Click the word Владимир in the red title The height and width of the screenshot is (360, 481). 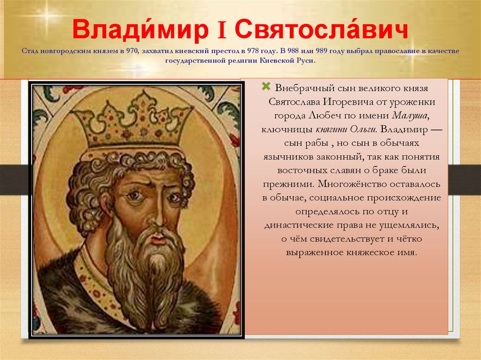pyautogui.click(x=140, y=30)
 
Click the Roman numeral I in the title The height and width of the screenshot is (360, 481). pyautogui.click(x=222, y=31)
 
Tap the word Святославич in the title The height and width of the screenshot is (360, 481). pyautogui.click(x=321, y=30)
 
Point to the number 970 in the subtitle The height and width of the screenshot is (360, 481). pyautogui.click(x=132, y=51)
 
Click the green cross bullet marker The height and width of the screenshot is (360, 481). pyautogui.click(x=266, y=86)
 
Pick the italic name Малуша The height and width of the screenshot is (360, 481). pyautogui.click(x=410, y=116)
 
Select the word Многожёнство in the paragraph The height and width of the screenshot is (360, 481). pyautogui.click(x=352, y=184)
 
